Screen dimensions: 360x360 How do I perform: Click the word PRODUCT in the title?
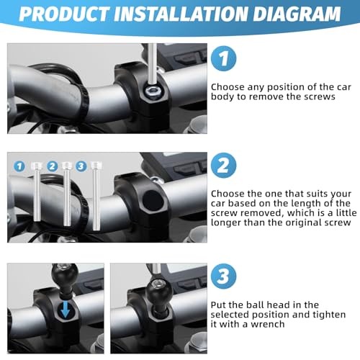(x=63, y=14)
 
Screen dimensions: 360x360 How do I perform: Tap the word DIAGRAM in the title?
(x=297, y=14)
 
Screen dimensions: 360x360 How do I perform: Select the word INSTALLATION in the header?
(x=181, y=14)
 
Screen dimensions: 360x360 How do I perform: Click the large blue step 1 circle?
(x=223, y=58)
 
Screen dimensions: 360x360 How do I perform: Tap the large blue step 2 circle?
(x=223, y=166)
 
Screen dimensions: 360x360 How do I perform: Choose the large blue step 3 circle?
(x=223, y=276)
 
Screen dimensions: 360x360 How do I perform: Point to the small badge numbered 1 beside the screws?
(x=19, y=166)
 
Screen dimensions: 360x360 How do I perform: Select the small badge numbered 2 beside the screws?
(x=53, y=166)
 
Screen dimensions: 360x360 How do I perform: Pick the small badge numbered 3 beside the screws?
(x=81, y=166)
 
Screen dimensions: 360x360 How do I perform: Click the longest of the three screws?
(x=96, y=196)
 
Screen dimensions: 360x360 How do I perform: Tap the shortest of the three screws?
(x=37, y=192)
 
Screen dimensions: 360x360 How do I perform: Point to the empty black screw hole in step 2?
(x=152, y=200)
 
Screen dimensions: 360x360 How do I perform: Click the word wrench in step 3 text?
(x=268, y=324)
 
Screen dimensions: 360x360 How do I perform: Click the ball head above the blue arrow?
(x=64, y=276)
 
